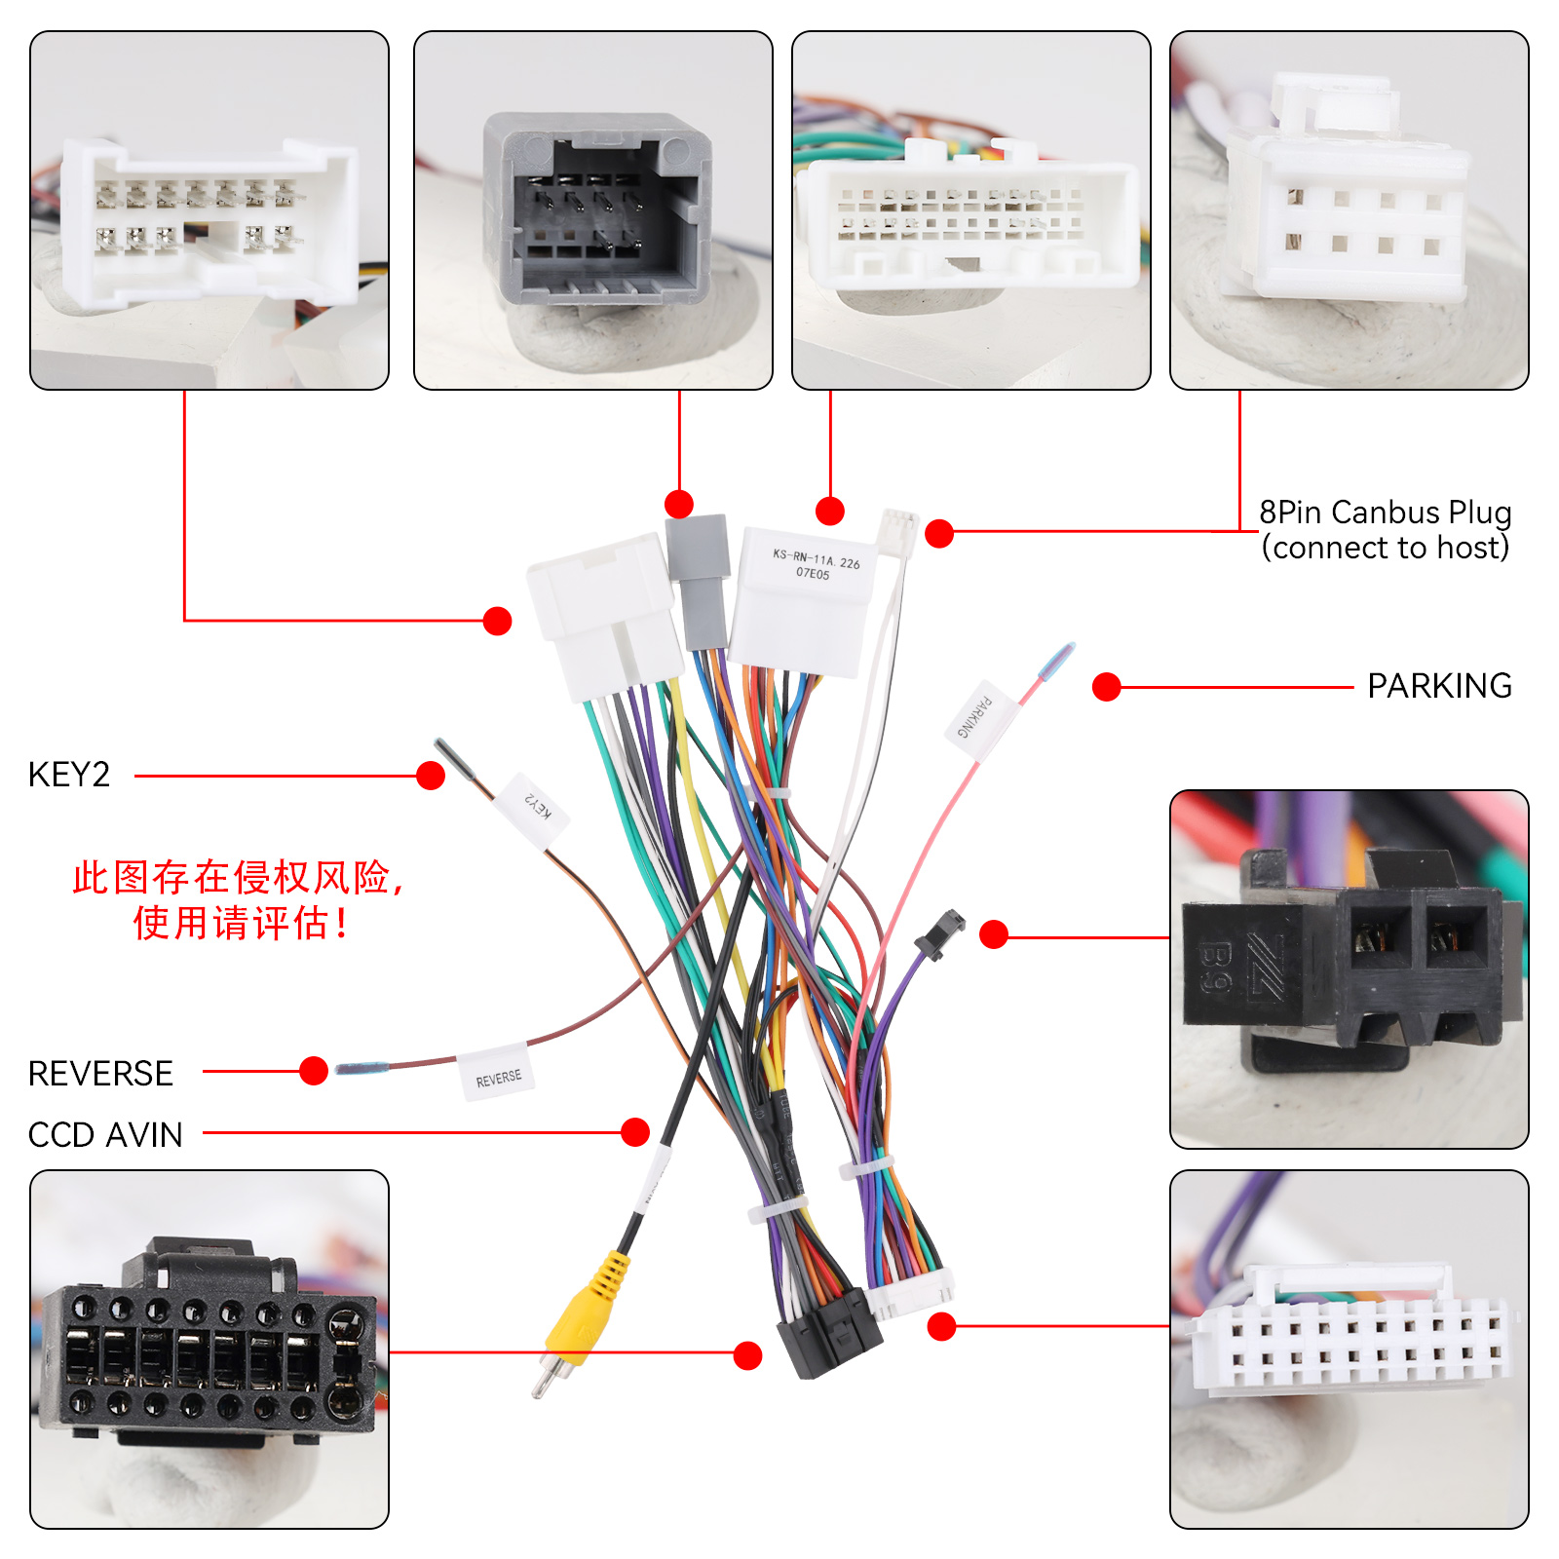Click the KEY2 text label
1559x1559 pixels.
[69, 775]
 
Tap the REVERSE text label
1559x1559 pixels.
[100, 1073]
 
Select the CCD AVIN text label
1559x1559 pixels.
[105, 1134]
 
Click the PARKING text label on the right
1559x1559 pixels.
[1439, 686]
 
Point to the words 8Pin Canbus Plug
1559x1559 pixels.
[1385, 513]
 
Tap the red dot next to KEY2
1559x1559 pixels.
[431, 776]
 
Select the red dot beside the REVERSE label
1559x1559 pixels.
[314, 1071]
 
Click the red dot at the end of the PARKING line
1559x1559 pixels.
[1106, 687]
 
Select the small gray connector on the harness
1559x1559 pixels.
[699, 580]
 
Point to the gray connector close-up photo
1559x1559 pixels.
[593, 210]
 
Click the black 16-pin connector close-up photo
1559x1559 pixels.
[209, 1350]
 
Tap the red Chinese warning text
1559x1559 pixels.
[239, 899]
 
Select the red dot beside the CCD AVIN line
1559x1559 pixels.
[635, 1132]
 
